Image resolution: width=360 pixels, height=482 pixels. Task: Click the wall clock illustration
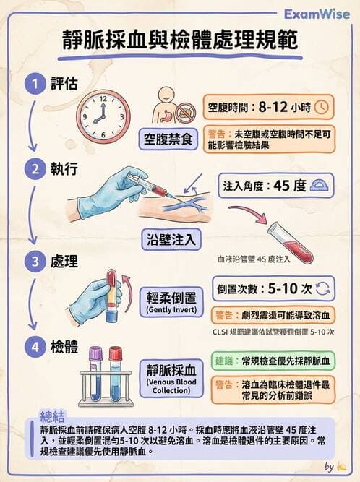100,114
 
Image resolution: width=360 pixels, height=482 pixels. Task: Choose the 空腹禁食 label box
168,139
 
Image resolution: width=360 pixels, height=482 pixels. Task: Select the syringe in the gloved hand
145,186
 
